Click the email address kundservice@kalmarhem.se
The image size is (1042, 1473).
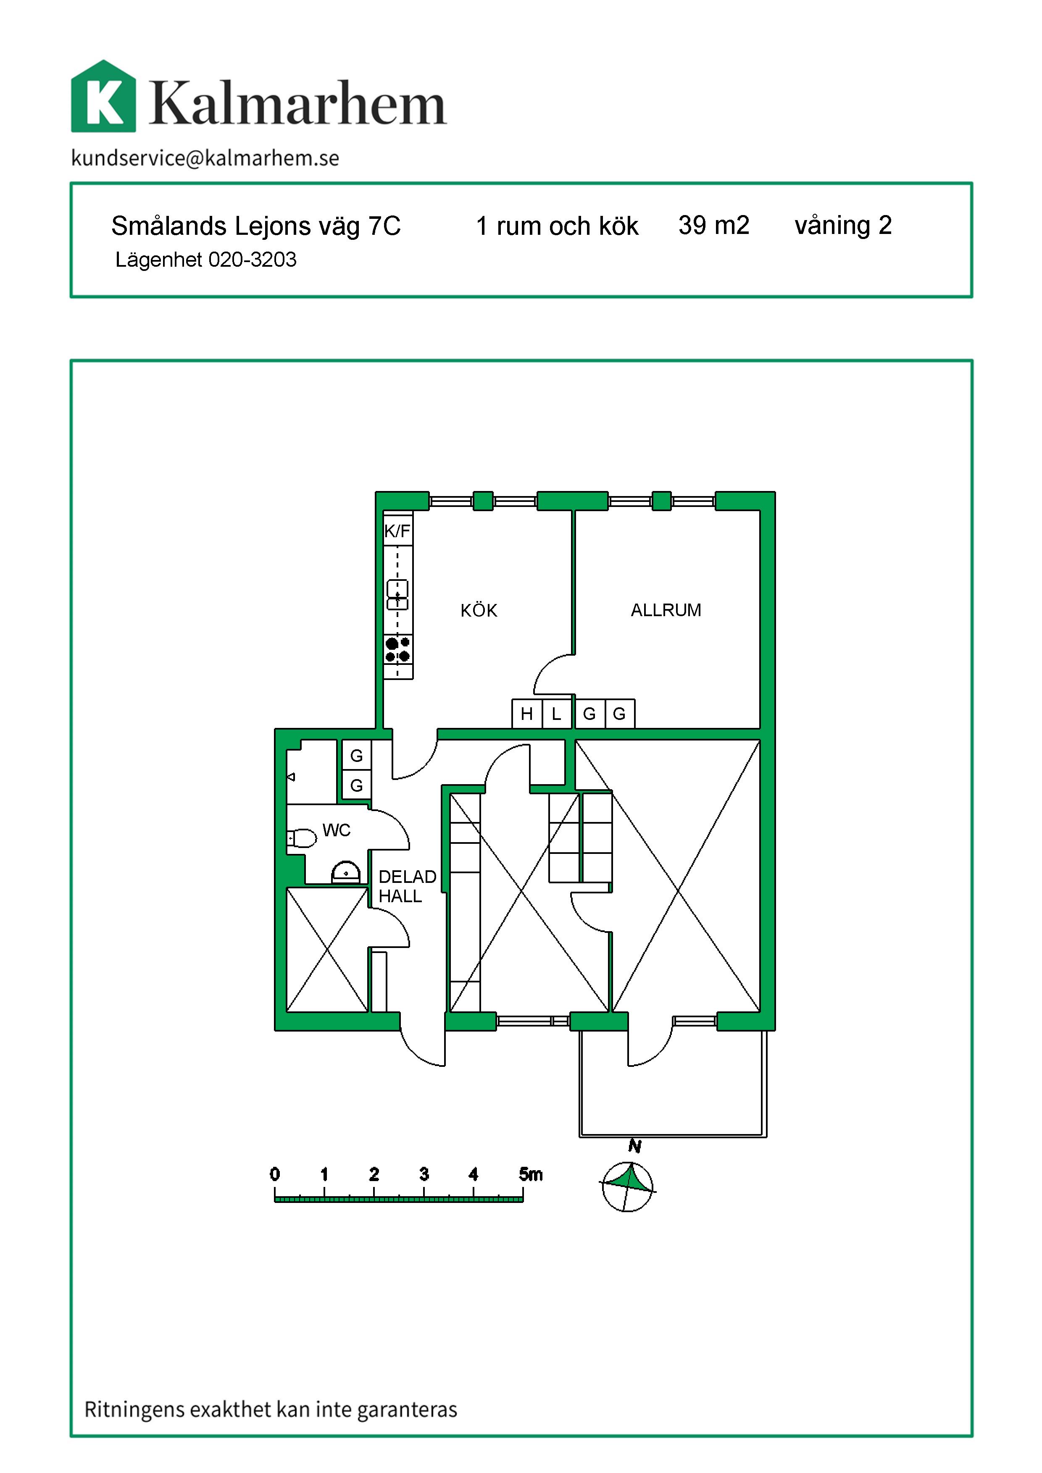pos(205,158)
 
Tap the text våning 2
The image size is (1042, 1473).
pos(843,225)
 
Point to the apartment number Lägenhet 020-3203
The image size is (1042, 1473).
pos(206,259)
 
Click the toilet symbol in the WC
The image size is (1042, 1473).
pos(302,838)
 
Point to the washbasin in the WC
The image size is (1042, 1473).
pos(346,872)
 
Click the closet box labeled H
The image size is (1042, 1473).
pos(527,714)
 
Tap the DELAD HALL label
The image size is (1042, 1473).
pos(408,886)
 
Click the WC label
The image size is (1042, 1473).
pos(336,830)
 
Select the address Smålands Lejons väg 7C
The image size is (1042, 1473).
pos(256,226)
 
